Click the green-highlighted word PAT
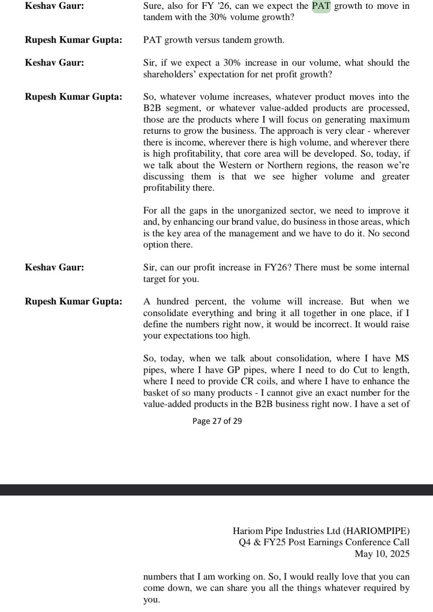321,6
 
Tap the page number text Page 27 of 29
217,421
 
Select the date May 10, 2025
382,554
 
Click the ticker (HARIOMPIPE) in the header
377,531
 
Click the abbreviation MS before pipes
402,359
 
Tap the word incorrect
332,324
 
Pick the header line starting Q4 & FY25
324,542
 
